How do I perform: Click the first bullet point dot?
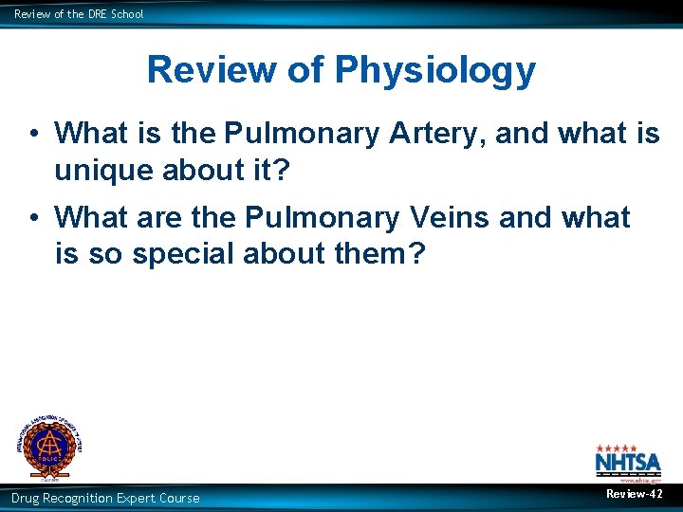pos(33,134)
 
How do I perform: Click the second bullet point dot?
pos(33,217)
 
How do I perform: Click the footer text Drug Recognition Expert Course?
pos(105,498)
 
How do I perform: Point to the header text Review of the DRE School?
pos(79,13)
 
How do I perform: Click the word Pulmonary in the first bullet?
pos(303,134)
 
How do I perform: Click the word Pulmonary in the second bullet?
pos(323,217)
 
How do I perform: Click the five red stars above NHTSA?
pos(617,448)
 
